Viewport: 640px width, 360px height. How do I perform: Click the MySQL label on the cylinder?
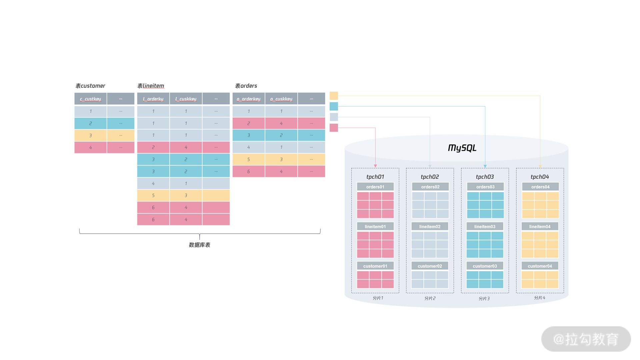click(x=462, y=148)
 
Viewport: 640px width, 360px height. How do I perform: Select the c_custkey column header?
click(x=90, y=99)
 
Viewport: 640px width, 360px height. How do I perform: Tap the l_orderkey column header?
click(x=153, y=99)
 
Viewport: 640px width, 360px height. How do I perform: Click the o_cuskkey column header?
click(x=281, y=99)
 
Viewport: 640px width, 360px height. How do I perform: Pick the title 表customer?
click(x=90, y=86)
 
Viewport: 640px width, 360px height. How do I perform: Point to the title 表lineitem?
click(x=151, y=86)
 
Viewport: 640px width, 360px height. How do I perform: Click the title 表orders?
click(x=246, y=86)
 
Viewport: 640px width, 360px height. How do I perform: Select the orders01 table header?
click(x=375, y=187)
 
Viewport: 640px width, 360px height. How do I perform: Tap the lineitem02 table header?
click(x=430, y=226)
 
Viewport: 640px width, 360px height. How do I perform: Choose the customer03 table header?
click(x=485, y=266)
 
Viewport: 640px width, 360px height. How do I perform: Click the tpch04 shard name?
click(x=540, y=177)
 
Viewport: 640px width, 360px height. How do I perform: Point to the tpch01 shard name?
click(x=375, y=177)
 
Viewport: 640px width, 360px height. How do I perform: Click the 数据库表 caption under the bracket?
click(x=199, y=245)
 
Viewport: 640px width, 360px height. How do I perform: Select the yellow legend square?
click(x=334, y=96)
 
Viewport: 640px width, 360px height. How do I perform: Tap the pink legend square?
click(x=334, y=128)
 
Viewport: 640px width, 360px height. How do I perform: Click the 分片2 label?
click(x=430, y=298)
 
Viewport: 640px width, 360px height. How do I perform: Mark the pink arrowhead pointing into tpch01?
click(x=375, y=166)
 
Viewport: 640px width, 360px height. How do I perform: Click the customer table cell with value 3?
click(x=90, y=135)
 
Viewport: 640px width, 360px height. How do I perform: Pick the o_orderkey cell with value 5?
click(x=248, y=159)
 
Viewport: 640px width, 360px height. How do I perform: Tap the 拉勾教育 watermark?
click(x=586, y=339)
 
